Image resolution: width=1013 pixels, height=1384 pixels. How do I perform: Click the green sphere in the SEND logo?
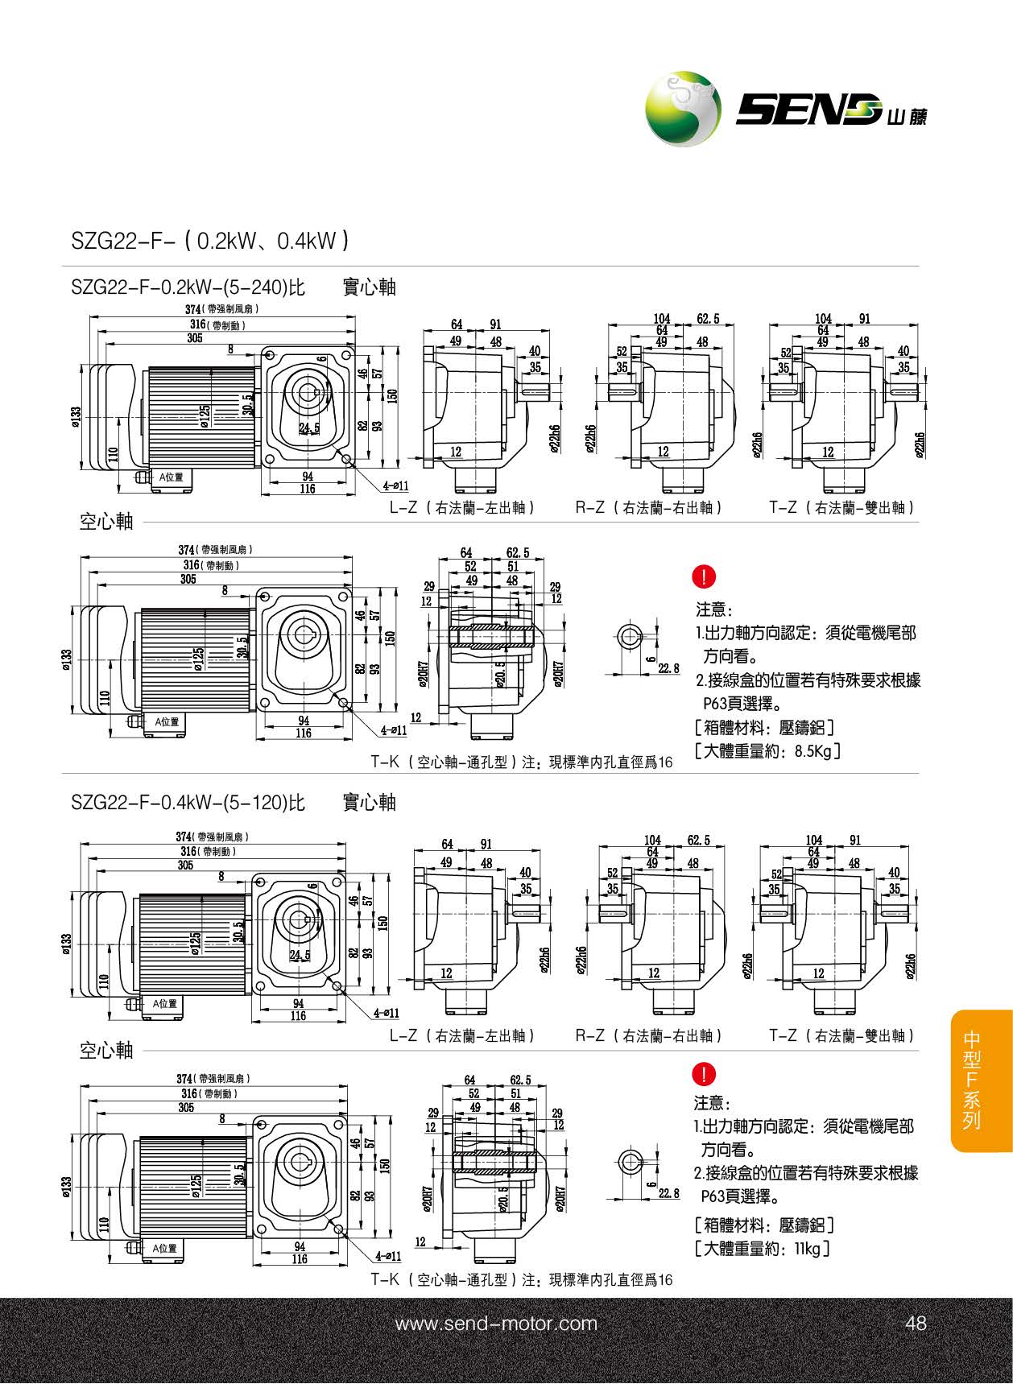(x=682, y=109)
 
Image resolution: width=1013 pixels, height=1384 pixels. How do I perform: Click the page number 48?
(x=916, y=1324)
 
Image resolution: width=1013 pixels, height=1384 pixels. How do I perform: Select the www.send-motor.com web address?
(x=496, y=1324)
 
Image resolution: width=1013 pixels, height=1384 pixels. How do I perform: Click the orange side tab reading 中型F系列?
(x=972, y=1080)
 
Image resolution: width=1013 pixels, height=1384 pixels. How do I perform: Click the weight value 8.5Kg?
(x=812, y=752)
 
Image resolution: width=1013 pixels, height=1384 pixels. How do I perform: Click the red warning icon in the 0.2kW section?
(x=704, y=576)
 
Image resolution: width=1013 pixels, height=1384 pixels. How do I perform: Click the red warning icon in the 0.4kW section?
(x=704, y=1073)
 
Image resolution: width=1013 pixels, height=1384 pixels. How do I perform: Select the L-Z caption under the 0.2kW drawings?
(x=462, y=508)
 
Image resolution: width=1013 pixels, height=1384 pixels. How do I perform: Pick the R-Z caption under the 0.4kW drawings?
(x=649, y=1036)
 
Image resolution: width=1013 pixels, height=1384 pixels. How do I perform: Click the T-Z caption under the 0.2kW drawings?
(x=842, y=508)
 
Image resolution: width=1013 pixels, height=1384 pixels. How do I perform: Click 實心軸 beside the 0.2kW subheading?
(x=370, y=287)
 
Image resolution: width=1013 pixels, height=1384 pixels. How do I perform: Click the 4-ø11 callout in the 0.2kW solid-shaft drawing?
(x=395, y=486)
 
